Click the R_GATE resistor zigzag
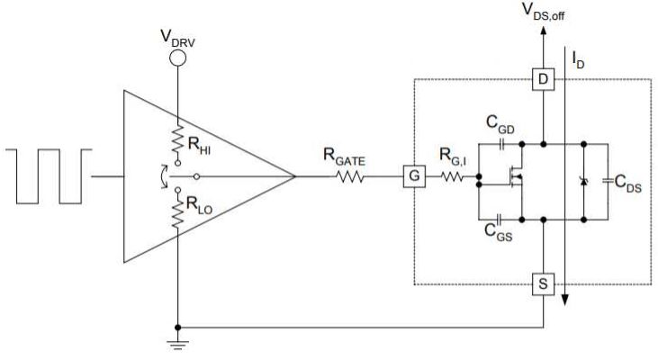pos(350,175)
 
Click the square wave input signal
pos(50,175)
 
